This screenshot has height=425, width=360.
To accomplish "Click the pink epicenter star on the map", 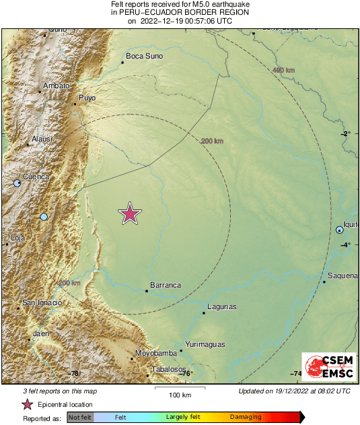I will [x=130, y=214].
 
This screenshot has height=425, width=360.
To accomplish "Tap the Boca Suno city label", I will [x=145, y=56].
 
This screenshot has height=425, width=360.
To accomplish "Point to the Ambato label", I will [x=56, y=86].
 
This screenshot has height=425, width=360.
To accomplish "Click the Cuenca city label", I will [x=36, y=176].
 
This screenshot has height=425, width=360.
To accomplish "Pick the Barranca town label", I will [x=166, y=285].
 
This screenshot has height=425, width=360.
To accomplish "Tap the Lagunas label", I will [x=222, y=307].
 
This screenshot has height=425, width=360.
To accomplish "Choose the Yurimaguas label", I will [x=205, y=344].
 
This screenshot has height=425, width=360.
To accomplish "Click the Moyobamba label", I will [x=155, y=353].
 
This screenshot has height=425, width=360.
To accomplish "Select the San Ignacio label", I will [x=42, y=303].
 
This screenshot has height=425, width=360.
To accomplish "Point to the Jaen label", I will [x=41, y=333].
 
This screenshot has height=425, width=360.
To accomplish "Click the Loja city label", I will [x=17, y=238].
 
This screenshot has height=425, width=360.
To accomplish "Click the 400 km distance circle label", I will [x=285, y=70].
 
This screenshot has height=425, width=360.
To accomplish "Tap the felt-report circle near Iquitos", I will [x=340, y=230].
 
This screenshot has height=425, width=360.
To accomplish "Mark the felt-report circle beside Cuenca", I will [x=17, y=183].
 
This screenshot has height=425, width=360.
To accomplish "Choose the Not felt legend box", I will [x=81, y=418].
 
